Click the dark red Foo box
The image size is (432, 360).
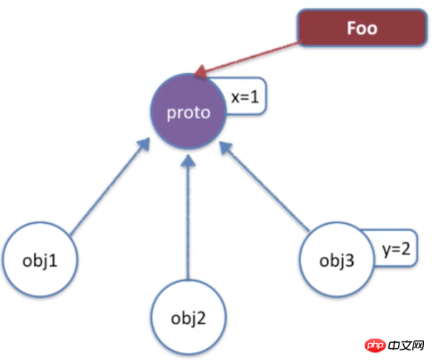click(x=362, y=28)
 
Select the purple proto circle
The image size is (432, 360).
click(x=189, y=112)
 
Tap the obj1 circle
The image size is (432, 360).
click(x=40, y=259)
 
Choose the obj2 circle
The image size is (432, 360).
click(x=189, y=317)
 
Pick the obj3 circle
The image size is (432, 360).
click(x=337, y=259)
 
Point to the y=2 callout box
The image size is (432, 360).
click(x=396, y=248)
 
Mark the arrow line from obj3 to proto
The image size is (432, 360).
click(x=264, y=186)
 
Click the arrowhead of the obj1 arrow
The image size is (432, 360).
click(x=144, y=144)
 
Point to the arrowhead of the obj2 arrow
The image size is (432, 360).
click(x=189, y=160)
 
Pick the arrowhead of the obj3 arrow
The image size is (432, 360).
click(x=226, y=148)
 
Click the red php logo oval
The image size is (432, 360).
click(x=375, y=345)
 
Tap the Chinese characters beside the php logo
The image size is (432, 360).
click(x=406, y=345)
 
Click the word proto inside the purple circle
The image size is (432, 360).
click(x=189, y=113)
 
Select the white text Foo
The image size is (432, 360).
click(x=362, y=28)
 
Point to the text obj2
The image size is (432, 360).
click(x=189, y=319)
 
